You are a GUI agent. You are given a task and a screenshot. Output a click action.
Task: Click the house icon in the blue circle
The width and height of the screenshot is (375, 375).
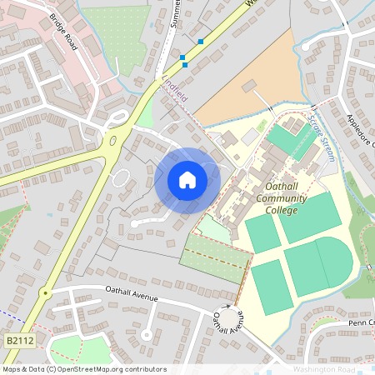coord(187,180)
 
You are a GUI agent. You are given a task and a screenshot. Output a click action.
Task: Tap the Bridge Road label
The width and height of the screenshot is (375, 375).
coord(64,32)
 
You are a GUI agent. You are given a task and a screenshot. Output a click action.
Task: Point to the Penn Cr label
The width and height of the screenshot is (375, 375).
coord(362,322)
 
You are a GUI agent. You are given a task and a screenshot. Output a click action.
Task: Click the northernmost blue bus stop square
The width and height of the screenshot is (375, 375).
coord(201,41)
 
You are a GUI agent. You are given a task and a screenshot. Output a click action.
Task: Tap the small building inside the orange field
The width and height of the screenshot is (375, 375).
coord(249,86)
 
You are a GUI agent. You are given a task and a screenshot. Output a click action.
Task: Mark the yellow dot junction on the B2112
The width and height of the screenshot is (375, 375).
coord(47,292)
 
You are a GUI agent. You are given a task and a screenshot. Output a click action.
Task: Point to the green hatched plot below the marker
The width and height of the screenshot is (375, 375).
coord(215,257)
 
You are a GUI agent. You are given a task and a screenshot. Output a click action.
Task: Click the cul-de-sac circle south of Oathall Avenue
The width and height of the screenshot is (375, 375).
coord(147,335)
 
